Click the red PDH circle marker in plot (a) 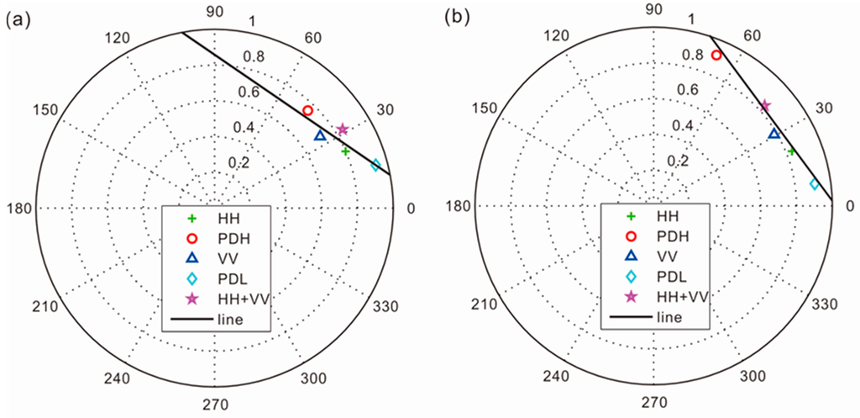(x=308, y=110)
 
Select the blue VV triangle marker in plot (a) (x=320, y=135)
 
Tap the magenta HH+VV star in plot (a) (x=342, y=129)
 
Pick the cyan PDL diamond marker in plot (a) (x=375, y=164)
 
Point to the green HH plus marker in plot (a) (x=345, y=151)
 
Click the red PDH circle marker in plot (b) (x=716, y=55)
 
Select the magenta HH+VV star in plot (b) (x=765, y=106)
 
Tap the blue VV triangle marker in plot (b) (x=774, y=134)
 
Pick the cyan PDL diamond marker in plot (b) (x=813, y=184)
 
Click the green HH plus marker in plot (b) (x=790, y=151)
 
